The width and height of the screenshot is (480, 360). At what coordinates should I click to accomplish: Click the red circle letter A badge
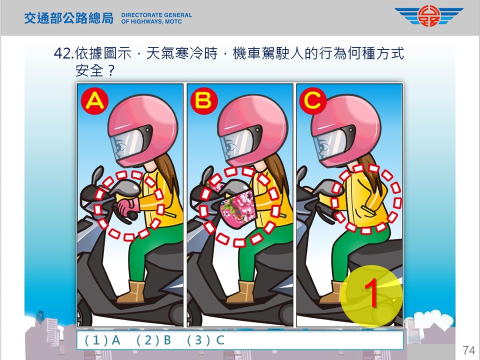tap(94, 100)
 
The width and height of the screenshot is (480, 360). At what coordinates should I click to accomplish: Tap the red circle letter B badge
tap(204, 100)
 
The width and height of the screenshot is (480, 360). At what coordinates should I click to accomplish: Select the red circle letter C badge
tap(313, 100)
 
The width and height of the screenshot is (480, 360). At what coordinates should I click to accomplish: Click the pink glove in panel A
tap(127, 207)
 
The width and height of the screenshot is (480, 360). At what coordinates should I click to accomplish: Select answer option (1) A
tap(102, 340)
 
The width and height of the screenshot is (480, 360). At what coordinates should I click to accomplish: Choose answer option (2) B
tap(153, 340)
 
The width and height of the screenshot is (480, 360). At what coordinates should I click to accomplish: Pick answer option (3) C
tap(205, 340)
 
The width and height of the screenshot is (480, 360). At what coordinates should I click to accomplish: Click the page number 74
tap(468, 350)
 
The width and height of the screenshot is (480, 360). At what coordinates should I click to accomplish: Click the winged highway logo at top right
tap(429, 16)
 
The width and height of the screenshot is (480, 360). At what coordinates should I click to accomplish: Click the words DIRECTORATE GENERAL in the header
tap(156, 15)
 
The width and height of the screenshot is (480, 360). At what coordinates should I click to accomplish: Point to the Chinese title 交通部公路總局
tap(68, 18)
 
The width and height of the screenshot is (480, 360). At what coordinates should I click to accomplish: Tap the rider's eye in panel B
tap(231, 146)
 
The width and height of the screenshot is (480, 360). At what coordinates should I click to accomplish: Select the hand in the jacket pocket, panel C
tap(369, 209)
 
